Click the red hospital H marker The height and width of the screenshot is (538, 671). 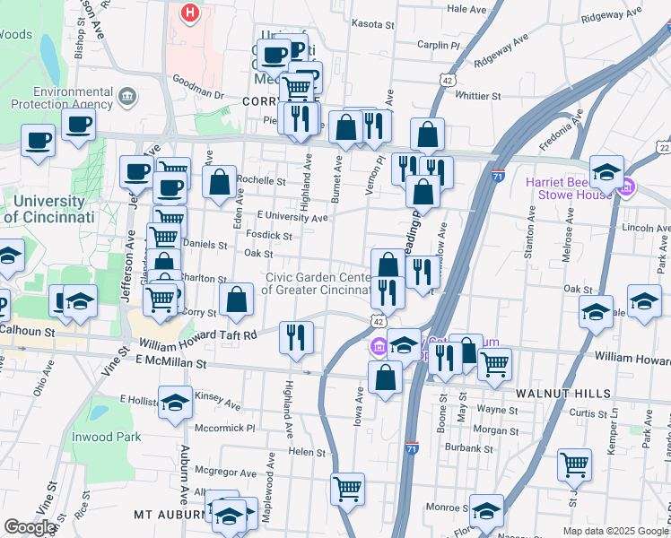click(x=190, y=13)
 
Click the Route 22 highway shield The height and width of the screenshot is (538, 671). click(x=663, y=147)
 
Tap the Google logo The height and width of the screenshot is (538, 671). click(x=30, y=527)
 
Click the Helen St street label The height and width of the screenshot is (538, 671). click(x=306, y=452)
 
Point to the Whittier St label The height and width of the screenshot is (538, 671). click(x=477, y=95)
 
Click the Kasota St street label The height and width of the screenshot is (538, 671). click(x=374, y=24)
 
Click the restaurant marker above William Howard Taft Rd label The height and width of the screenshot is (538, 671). click(x=297, y=337)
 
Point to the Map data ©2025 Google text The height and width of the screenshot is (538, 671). click(x=614, y=531)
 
